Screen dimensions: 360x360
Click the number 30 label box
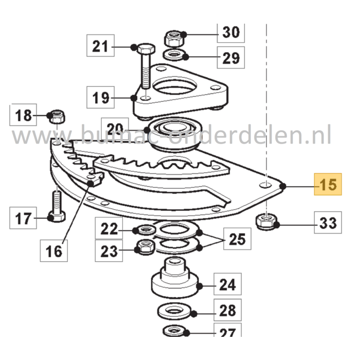tap(231, 33)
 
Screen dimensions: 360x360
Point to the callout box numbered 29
tap(231, 58)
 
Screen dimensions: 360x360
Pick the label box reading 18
tap(23, 115)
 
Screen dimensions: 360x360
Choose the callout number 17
tap(23, 220)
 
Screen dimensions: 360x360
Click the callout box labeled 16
tap(54, 250)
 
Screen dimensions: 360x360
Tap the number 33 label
tap(328, 223)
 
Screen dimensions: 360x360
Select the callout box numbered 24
tap(227, 284)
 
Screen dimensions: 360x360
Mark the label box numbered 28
tap(227, 310)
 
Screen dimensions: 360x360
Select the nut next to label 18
tap(56, 117)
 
